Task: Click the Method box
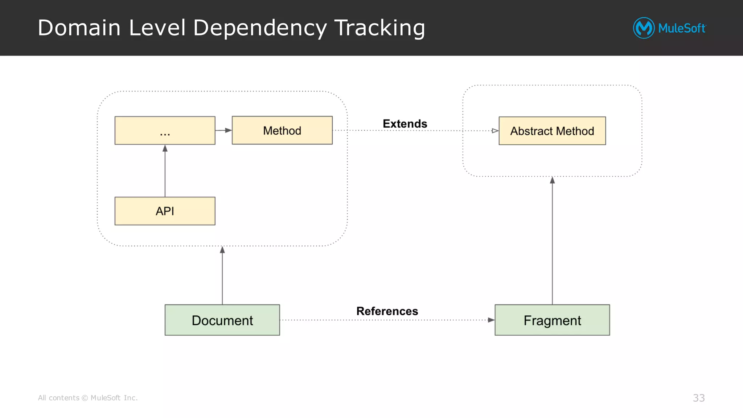pos(282,130)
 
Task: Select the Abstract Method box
pos(552,131)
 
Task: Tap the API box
pos(165,211)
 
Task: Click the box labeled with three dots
pos(165,130)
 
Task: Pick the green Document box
pos(222,320)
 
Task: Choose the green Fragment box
pos(552,320)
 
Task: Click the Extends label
pos(405,124)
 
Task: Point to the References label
pos(387,311)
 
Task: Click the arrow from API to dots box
pos(165,171)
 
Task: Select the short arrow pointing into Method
pos(223,130)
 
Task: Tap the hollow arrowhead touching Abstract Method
pos(495,131)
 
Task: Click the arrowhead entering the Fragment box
pos(491,320)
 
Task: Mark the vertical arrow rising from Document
pos(222,276)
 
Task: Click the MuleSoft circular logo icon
pos(644,28)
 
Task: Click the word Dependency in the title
pos(260,28)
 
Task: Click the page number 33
pos(698,398)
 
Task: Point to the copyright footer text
pos(88,398)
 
